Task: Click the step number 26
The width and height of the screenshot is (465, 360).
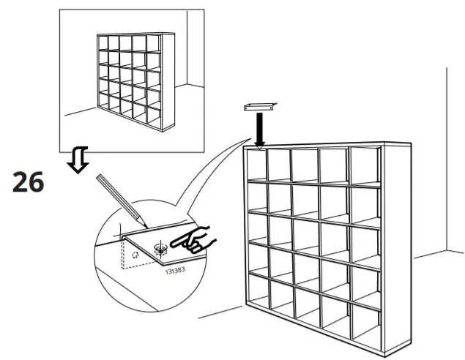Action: coord(29,182)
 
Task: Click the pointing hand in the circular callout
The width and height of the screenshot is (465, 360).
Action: coord(193,239)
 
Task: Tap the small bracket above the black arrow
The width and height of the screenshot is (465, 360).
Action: coord(259,107)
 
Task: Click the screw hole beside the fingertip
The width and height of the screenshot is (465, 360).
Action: coord(160,247)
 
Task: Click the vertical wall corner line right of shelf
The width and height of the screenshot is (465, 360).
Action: coord(446,161)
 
